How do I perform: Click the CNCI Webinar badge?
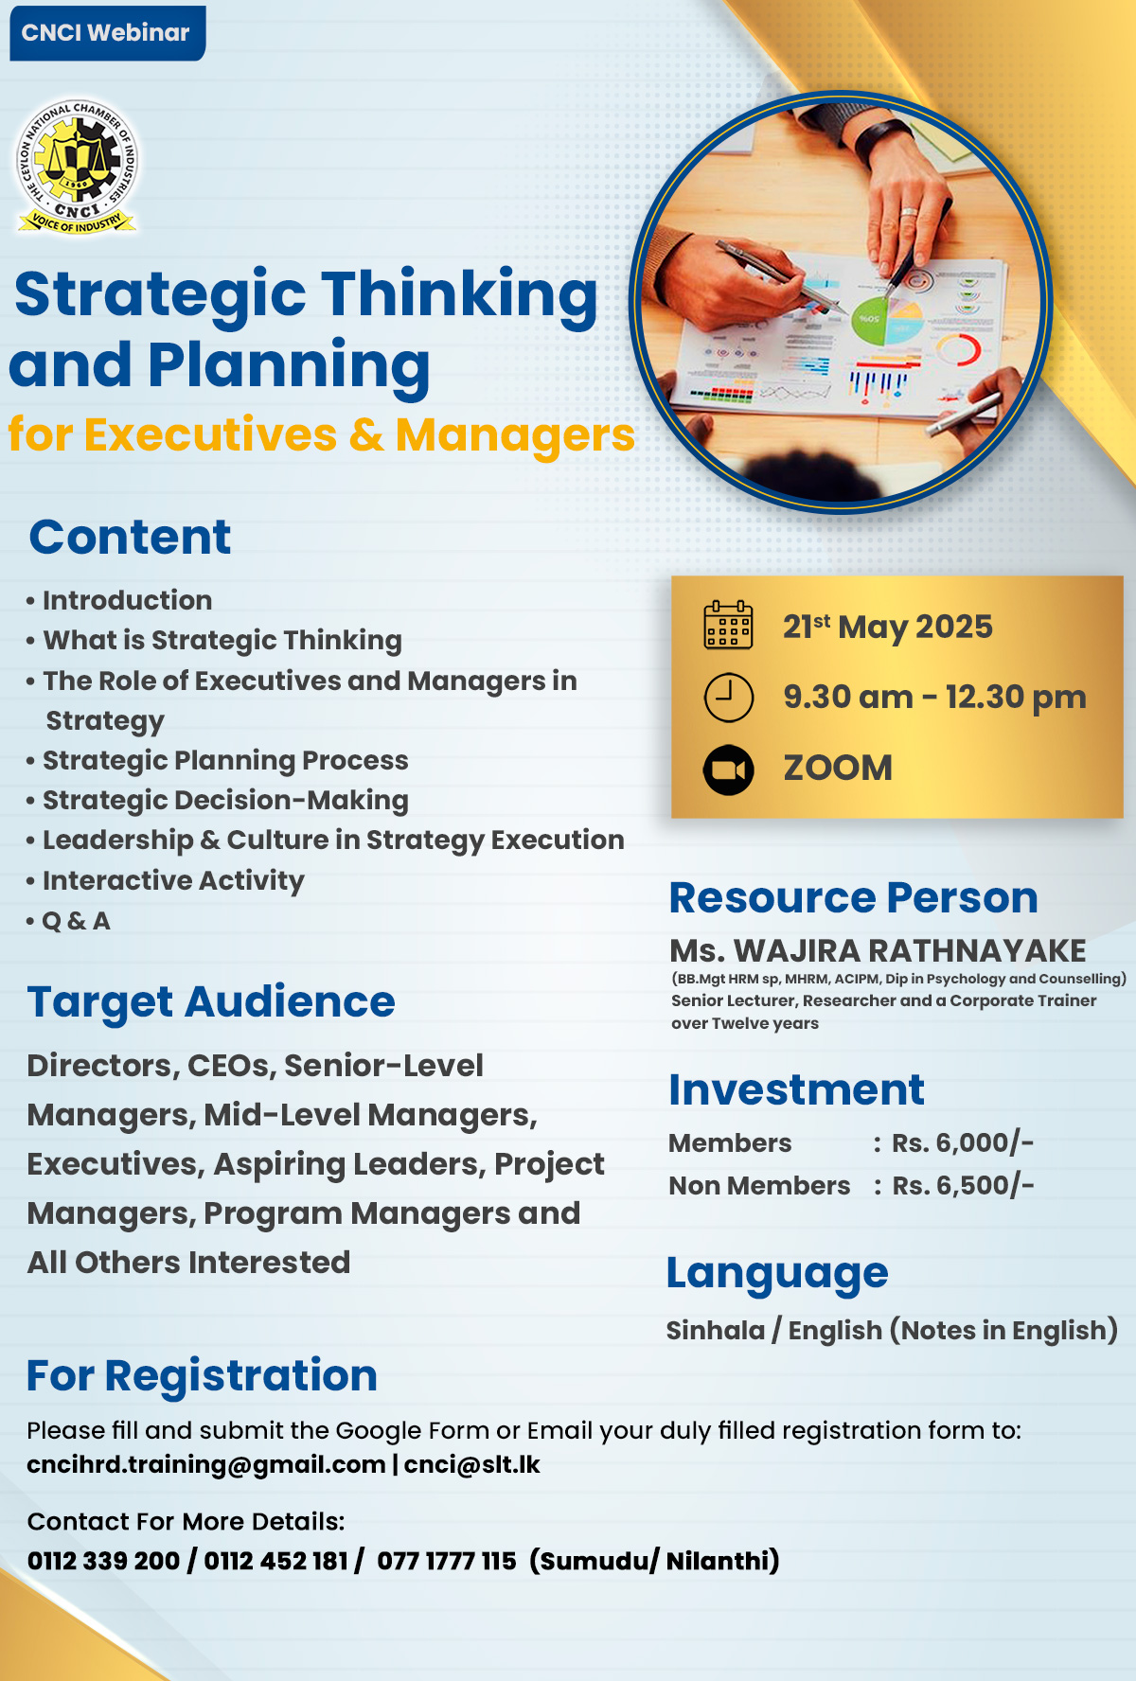[x=107, y=33]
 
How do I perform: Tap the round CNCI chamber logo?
[x=78, y=167]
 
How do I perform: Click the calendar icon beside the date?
[x=728, y=625]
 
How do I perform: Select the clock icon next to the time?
[x=729, y=698]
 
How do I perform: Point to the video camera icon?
[x=729, y=770]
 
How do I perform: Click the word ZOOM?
[x=838, y=768]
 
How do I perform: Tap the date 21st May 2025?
[x=887, y=627]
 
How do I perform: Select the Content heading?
[x=130, y=537]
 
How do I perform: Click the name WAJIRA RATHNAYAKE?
[x=910, y=950]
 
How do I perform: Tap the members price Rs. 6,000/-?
[x=963, y=1142]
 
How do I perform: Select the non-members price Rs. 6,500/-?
[x=963, y=1185]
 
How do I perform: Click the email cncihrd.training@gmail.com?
[x=206, y=1465]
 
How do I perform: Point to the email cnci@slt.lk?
[x=472, y=1465]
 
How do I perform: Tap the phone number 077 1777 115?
[x=447, y=1561]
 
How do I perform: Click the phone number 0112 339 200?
[x=103, y=1561]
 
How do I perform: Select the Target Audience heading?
[x=211, y=1001]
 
